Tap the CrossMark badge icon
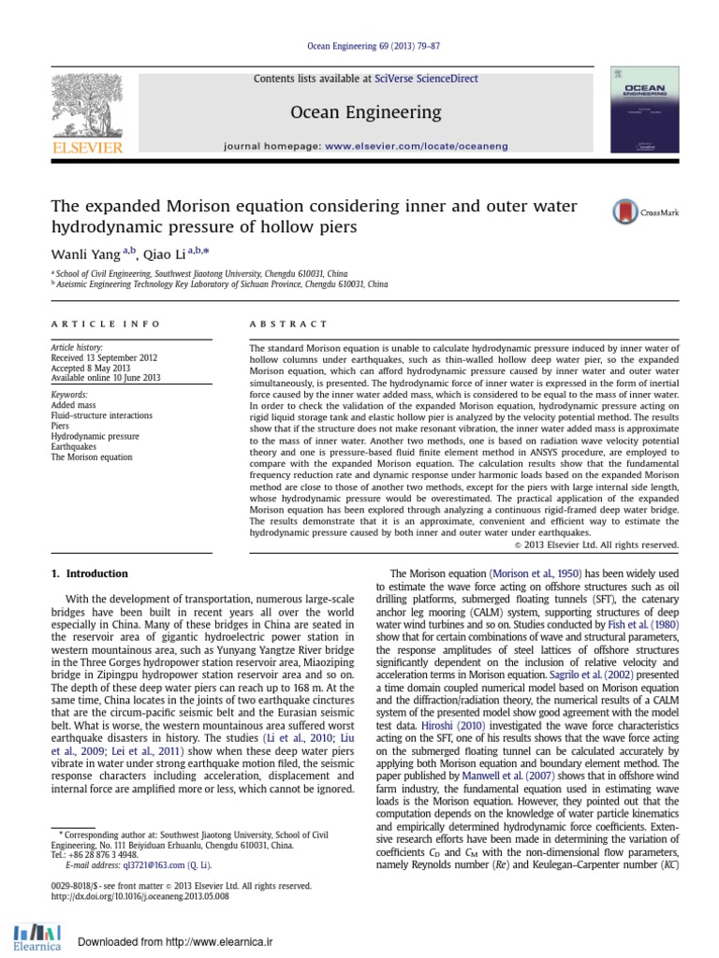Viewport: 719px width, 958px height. (x=624, y=212)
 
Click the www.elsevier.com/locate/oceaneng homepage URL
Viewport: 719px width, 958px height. (x=418, y=147)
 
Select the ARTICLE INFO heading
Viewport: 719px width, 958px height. (x=105, y=324)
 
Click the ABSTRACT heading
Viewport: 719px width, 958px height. (x=288, y=324)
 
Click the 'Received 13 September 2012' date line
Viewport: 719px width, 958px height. (x=104, y=357)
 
